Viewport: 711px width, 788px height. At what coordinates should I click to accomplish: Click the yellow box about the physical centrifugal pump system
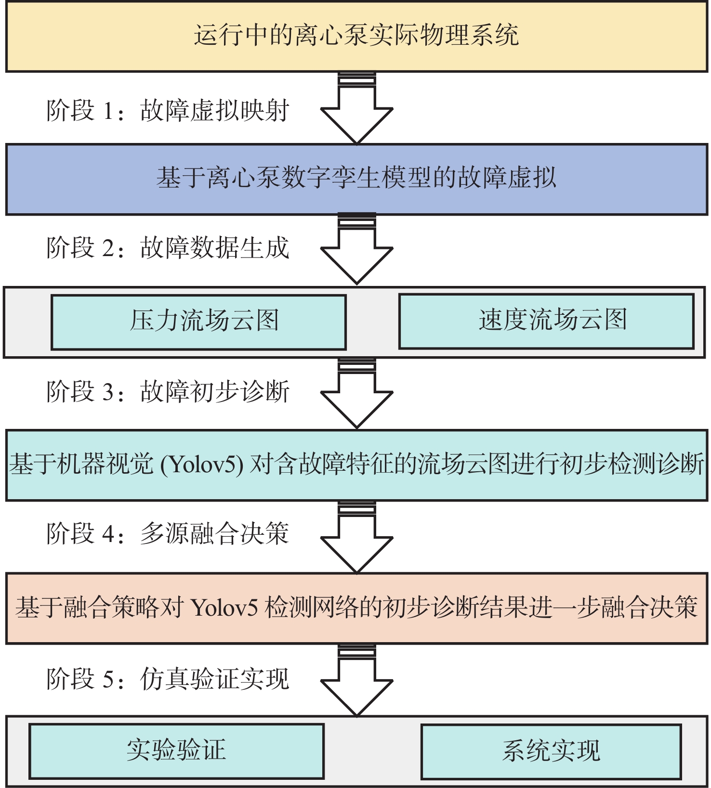(x=356, y=37)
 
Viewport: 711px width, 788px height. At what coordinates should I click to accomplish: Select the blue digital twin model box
(x=356, y=179)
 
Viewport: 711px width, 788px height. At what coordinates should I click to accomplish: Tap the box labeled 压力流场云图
(x=198, y=322)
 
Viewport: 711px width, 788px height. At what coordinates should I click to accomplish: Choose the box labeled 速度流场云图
(x=546, y=321)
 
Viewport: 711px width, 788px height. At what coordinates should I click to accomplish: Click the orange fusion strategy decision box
(x=356, y=608)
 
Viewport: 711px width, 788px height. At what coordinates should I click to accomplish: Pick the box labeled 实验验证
(x=176, y=751)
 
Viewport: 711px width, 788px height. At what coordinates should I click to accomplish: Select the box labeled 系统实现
(x=551, y=751)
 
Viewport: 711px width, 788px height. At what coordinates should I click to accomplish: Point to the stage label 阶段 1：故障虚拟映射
(x=168, y=111)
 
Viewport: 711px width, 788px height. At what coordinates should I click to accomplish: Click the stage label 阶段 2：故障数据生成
(x=168, y=248)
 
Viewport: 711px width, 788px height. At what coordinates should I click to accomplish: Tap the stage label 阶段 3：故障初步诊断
(x=168, y=391)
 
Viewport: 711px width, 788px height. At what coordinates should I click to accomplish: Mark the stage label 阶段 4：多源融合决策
(x=168, y=534)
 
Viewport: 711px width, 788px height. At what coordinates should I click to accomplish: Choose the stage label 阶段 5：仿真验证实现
(x=168, y=679)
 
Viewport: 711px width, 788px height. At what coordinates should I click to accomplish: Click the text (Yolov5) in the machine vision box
(x=201, y=465)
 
